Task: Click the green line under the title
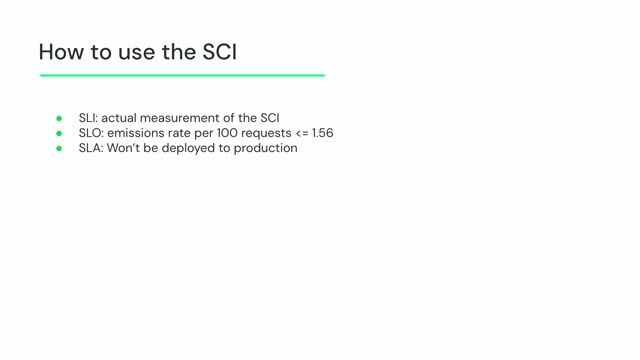tap(182, 75)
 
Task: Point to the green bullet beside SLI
tap(59, 118)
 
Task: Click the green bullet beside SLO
tap(59, 133)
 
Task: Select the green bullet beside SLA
tap(59, 148)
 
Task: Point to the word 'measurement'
tap(185, 118)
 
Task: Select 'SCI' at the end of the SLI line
tap(268, 118)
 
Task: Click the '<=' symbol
tap(303, 133)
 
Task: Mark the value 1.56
tap(327, 133)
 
